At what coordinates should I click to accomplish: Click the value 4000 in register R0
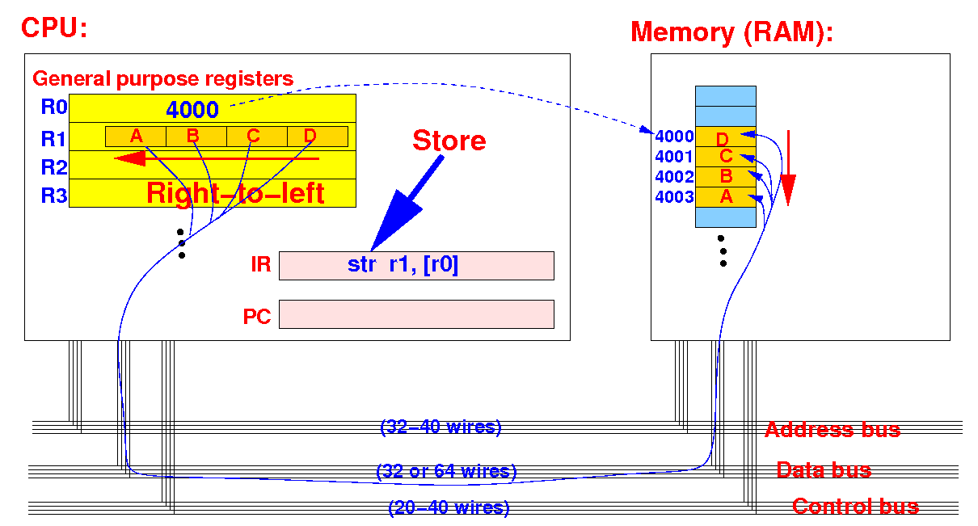(192, 109)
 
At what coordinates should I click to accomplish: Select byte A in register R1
(136, 137)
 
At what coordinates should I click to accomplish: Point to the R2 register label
(54, 166)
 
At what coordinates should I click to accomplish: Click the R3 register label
(54, 195)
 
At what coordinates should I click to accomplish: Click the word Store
(449, 141)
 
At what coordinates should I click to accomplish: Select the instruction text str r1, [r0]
(403, 264)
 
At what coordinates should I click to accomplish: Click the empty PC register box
(416, 313)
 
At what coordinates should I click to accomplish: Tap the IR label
(260, 264)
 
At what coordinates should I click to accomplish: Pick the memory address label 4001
(674, 156)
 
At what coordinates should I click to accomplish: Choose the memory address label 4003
(674, 197)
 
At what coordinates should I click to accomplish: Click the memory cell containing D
(726, 137)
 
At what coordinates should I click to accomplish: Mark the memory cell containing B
(726, 177)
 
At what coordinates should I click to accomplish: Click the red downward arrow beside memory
(788, 168)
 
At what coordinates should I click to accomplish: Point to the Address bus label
(833, 430)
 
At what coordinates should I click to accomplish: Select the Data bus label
(824, 470)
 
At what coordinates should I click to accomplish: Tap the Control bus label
(855, 507)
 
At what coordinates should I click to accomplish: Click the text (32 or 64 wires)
(446, 471)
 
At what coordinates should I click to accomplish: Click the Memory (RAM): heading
(731, 32)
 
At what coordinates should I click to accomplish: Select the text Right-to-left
(235, 192)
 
